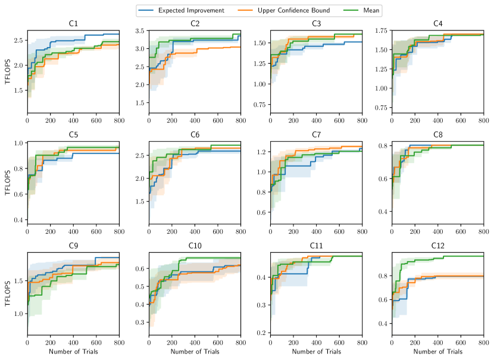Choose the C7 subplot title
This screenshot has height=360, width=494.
tap(316, 135)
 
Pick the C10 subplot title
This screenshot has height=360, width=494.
tap(195, 246)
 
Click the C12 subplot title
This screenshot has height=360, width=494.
tap(437, 246)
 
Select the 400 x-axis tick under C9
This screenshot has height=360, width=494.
tap(73, 344)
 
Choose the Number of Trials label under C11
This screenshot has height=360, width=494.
tap(316, 352)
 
